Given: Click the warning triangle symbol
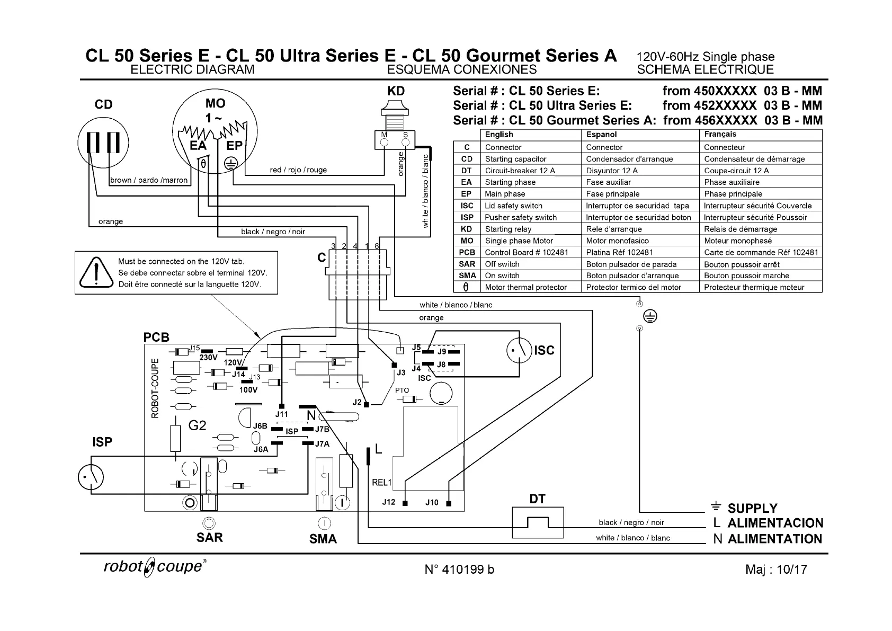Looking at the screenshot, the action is point(96,272).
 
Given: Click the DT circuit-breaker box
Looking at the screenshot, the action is point(538,522).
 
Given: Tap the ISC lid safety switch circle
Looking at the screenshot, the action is point(519,351).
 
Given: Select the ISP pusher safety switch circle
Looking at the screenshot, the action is point(91,477).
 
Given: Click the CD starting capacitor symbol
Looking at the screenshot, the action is point(103,143).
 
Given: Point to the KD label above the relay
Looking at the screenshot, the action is point(396,91).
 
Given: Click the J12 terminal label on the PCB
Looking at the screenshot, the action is point(389,502).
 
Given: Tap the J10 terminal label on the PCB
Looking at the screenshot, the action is point(432,502).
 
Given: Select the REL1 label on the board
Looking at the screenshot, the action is point(382,483).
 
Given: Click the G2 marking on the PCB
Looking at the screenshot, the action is point(197,425).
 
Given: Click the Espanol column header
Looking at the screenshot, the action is point(601,135).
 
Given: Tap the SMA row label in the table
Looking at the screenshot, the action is point(467,275).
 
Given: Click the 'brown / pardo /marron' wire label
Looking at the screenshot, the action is point(149,180).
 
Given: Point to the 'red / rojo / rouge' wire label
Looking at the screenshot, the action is point(298,170).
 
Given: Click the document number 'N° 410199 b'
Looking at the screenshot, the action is point(459,569).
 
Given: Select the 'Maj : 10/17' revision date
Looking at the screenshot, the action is point(776,569).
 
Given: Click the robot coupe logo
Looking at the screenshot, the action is point(155,566).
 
